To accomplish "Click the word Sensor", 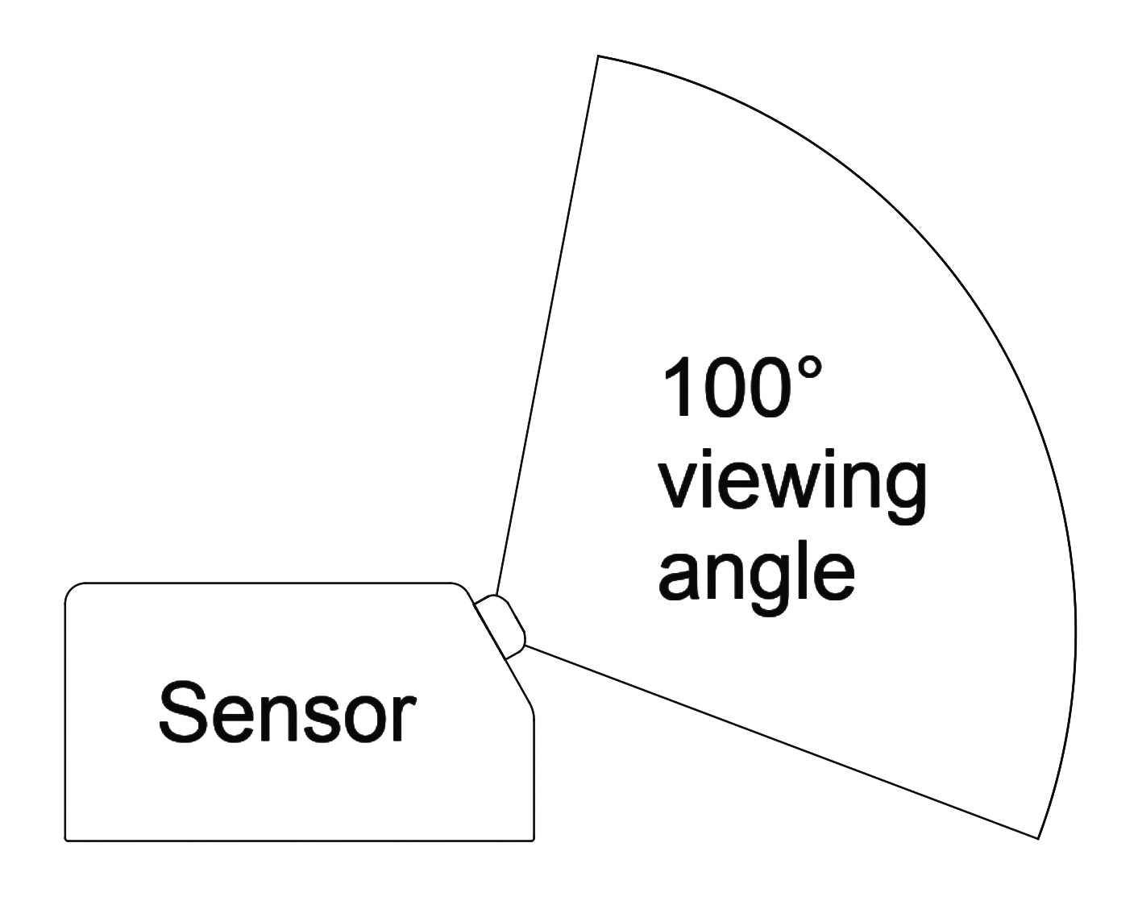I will point(287,712).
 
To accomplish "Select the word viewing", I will point(792,484).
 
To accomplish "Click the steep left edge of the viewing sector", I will point(548,322).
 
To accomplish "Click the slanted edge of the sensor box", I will point(501,653).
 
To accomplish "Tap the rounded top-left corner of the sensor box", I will point(71,589).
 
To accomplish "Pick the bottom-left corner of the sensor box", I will point(66,841).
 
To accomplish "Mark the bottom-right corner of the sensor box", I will point(533,841).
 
